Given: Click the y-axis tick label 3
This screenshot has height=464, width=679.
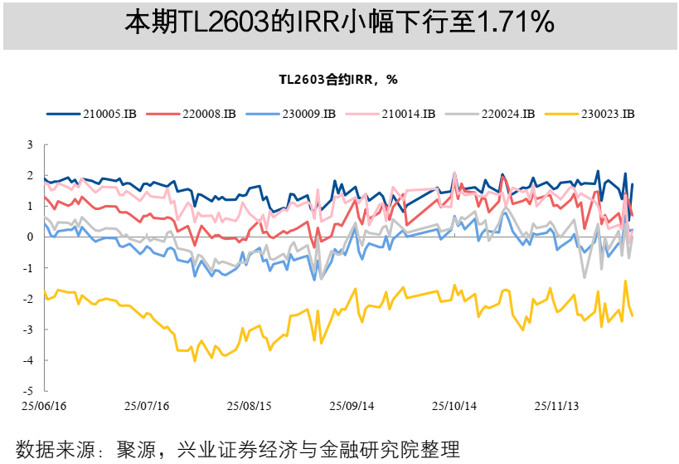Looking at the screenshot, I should [30, 144].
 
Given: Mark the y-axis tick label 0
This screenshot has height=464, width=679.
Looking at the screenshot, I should [30, 237].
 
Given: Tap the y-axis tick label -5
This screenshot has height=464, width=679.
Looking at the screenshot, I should [27, 391].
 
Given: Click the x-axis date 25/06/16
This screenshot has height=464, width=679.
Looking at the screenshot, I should [43, 407].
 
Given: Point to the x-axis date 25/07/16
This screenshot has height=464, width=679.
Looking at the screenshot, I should [146, 407].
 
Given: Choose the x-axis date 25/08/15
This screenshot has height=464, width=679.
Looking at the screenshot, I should [249, 407].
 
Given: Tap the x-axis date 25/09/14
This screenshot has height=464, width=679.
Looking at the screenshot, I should [352, 407].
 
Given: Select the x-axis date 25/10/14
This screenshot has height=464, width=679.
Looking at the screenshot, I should [454, 407].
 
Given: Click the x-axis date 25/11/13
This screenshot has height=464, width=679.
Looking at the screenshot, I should [556, 407].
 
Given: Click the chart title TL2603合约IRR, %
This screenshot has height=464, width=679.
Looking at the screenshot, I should [338, 80].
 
